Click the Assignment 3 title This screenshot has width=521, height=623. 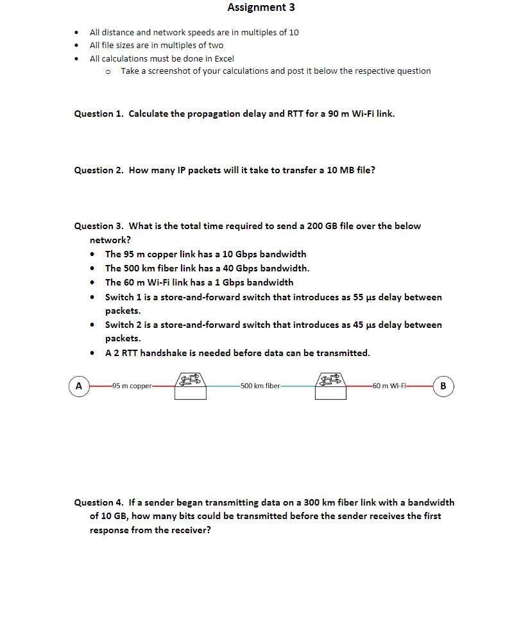[261, 8]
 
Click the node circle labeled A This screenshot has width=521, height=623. [79, 386]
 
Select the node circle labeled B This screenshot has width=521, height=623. [443, 386]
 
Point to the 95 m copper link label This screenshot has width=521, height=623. [131, 386]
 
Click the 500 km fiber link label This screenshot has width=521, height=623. [260, 386]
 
